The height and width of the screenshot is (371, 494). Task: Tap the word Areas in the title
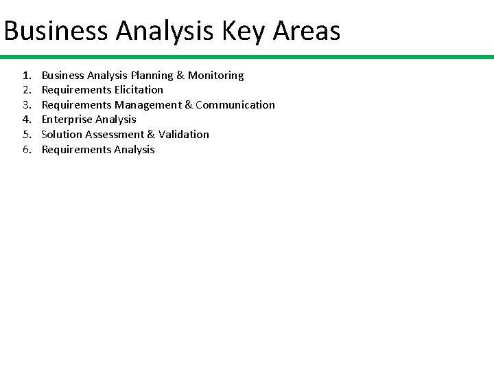click(x=306, y=31)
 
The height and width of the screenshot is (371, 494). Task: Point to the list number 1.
click(x=27, y=76)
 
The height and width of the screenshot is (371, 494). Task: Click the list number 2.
click(x=27, y=90)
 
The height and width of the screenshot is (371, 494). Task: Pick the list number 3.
click(x=27, y=105)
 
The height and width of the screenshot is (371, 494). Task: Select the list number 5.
click(x=27, y=135)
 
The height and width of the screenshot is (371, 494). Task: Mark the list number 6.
click(x=27, y=150)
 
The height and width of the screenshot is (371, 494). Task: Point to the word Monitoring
click(x=216, y=76)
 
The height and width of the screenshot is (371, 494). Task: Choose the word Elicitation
click(x=139, y=90)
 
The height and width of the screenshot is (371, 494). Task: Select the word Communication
click(x=235, y=105)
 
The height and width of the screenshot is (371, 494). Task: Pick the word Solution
click(x=62, y=135)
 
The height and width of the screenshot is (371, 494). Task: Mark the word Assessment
click(x=115, y=135)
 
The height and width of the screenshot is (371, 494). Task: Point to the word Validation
click(x=184, y=135)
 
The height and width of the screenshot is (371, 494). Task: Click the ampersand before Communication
click(x=189, y=105)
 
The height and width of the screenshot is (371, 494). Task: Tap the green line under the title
click(x=247, y=57)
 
